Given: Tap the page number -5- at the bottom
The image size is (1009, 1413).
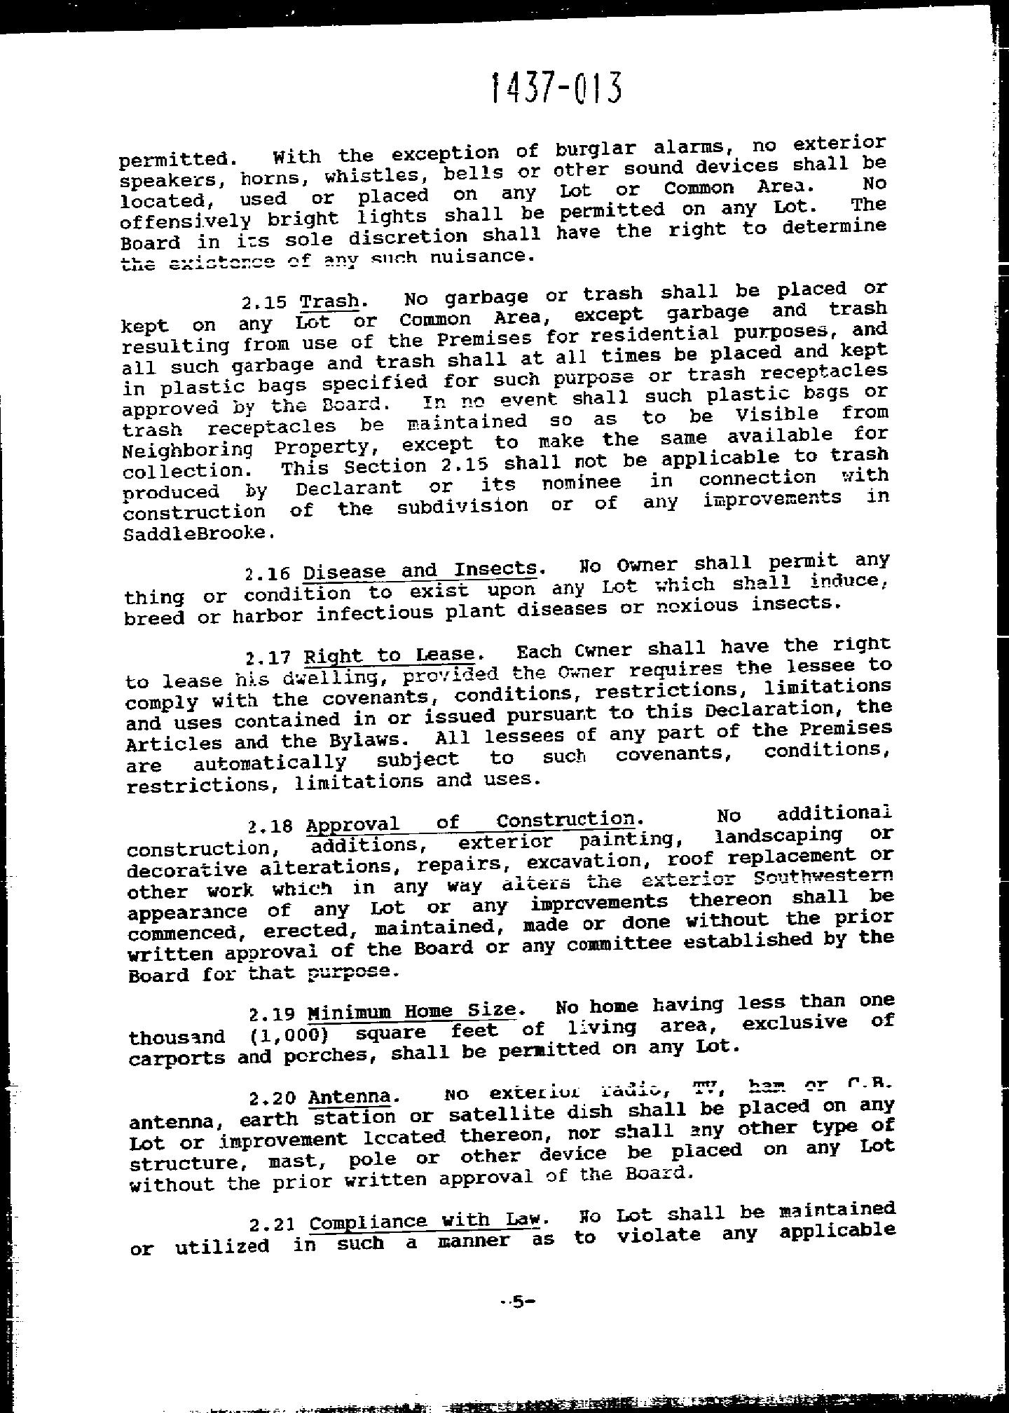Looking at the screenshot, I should pos(517,1302).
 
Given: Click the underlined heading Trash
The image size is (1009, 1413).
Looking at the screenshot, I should pos(329,301).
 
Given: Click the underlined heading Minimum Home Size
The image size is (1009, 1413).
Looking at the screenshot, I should pos(412,1011).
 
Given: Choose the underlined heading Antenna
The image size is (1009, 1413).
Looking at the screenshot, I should pos(349,1096).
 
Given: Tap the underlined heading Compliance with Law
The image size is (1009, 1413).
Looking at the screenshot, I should pos(425,1222).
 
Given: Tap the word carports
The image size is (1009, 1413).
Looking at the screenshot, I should pos(177,1058).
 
